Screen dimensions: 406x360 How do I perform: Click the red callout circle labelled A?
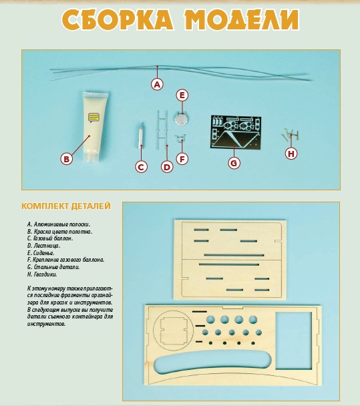point(157,85)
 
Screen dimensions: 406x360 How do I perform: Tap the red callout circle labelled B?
point(66,159)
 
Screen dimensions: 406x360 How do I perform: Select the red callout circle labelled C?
point(141,167)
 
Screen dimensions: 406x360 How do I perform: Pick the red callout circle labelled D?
point(167,167)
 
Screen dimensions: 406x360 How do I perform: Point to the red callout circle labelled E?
point(182,95)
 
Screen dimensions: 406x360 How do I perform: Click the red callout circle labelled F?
point(182,159)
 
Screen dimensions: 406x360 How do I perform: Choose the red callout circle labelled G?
point(234,162)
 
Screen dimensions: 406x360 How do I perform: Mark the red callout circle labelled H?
point(291,154)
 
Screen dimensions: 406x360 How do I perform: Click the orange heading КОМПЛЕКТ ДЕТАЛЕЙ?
point(65,206)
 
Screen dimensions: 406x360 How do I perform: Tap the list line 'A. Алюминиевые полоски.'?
point(59,225)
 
